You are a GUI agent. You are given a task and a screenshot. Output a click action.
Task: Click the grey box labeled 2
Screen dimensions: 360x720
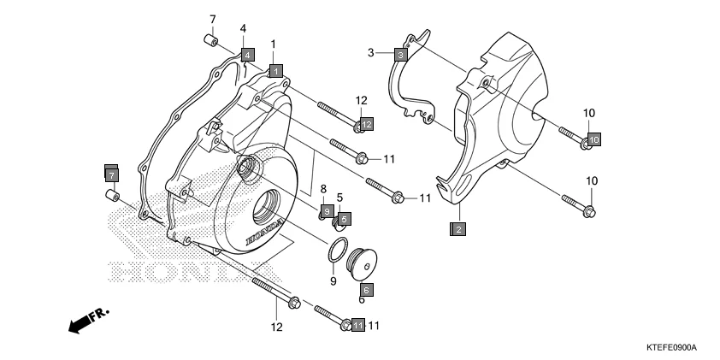click(459, 228)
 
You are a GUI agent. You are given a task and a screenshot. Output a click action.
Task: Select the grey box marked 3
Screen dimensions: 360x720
click(399, 54)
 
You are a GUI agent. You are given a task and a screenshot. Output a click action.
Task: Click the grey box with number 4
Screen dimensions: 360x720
click(247, 55)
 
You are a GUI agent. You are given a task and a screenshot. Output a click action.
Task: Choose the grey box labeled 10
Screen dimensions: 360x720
click(593, 139)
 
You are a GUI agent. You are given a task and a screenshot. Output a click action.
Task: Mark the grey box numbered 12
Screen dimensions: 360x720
click(365, 125)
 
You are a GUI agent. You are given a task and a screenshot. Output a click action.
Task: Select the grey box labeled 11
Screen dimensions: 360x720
click(357, 325)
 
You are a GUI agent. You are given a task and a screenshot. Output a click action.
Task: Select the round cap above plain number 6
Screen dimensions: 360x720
click(360, 263)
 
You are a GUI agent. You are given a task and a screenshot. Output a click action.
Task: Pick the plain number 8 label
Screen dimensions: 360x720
click(323, 189)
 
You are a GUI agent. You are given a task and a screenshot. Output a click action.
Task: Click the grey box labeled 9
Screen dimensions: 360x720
click(328, 210)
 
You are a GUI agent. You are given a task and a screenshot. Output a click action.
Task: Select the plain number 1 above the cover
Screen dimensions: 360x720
click(273, 44)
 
